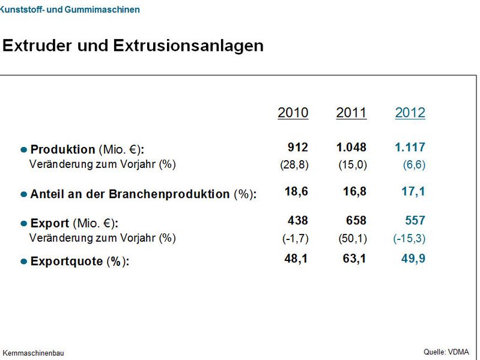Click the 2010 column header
tap(293, 113)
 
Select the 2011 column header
tap(351, 113)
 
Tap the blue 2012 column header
tap(410, 113)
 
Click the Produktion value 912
tap(297, 148)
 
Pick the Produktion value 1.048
tap(351, 148)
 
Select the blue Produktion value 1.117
tap(410, 148)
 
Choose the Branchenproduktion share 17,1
tap(413, 191)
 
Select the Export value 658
tap(355, 221)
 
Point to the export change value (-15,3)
tap(409, 238)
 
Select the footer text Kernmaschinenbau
tap(33, 353)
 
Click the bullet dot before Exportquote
tap(24, 262)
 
